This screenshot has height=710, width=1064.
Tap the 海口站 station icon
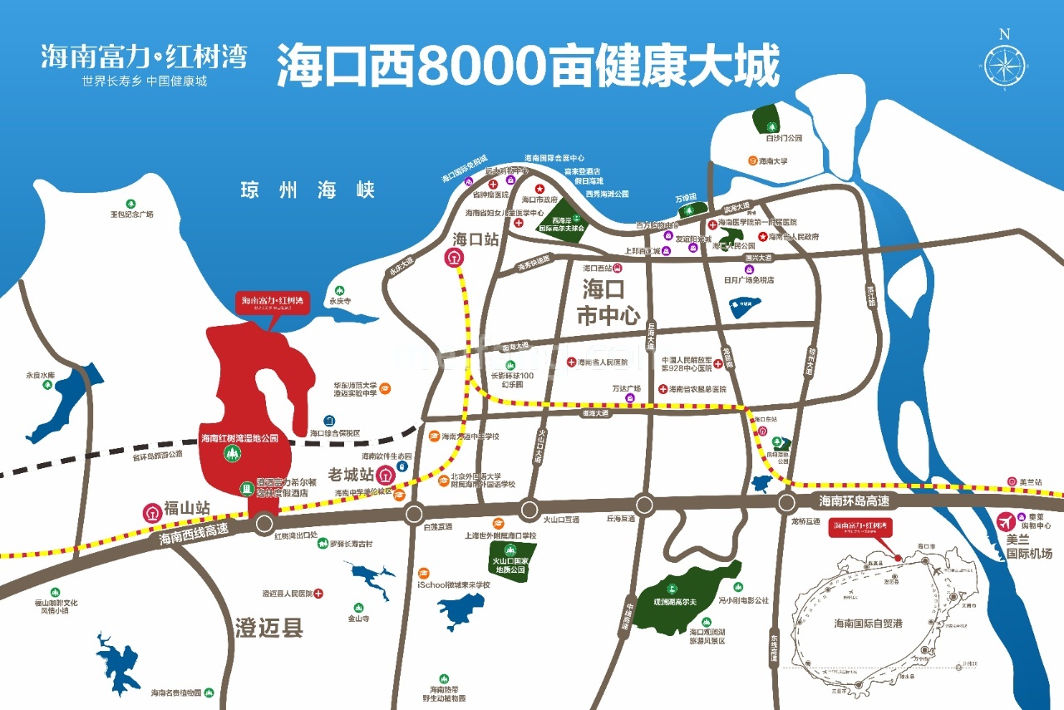[x=453, y=259]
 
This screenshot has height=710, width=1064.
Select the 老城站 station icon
[x=386, y=476]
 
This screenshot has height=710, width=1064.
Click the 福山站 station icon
[x=152, y=512]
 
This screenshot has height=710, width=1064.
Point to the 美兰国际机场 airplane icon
[x=1007, y=521]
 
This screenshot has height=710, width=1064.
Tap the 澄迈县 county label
[x=268, y=627]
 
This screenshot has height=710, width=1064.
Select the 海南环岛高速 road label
[x=854, y=500]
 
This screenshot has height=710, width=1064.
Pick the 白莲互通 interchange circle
[x=414, y=515]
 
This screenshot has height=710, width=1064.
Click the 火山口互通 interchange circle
[x=530, y=509]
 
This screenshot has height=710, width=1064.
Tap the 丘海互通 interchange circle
[x=644, y=504]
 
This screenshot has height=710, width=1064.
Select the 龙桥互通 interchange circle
[x=786, y=502]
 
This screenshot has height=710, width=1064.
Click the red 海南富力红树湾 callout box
[x=273, y=301]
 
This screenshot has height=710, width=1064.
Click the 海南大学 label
[x=772, y=160]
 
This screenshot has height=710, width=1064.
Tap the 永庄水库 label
[x=40, y=376]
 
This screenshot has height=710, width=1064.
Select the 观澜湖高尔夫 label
[x=672, y=600]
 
